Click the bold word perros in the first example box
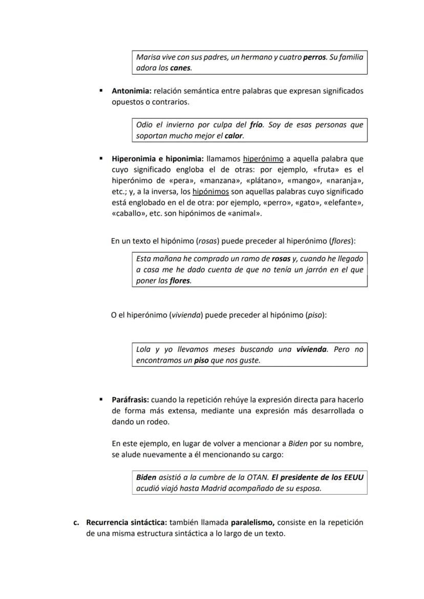click(x=314, y=57)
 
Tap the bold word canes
click(x=180, y=68)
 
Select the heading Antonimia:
click(x=132, y=91)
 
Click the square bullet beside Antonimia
click(x=101, y=91)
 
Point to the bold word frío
click(x=256, y=125)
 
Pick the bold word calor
click(x=234, y=136)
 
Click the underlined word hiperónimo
click(x=263, y=159)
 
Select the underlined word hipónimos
click(x=210, y=192)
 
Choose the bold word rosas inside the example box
click(x=281, y=259)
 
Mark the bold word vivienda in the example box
click(x=311, y=350)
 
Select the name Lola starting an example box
click(x=143, y=350)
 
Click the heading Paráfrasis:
click(x=131, y=399)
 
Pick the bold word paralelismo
click(x=253, y=522)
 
